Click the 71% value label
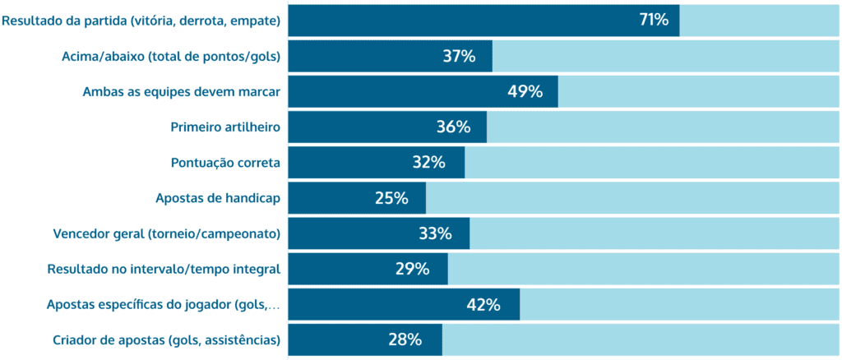654,21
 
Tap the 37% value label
459,57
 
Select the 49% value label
525,92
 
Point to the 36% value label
453,127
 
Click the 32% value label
428,163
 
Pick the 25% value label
391,198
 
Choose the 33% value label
435,233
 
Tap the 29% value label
412,269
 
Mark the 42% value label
483,304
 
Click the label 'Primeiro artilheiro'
225,127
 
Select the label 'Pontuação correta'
225,163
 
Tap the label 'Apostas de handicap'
218,198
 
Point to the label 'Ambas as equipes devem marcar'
182,92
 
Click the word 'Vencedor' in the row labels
83,233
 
